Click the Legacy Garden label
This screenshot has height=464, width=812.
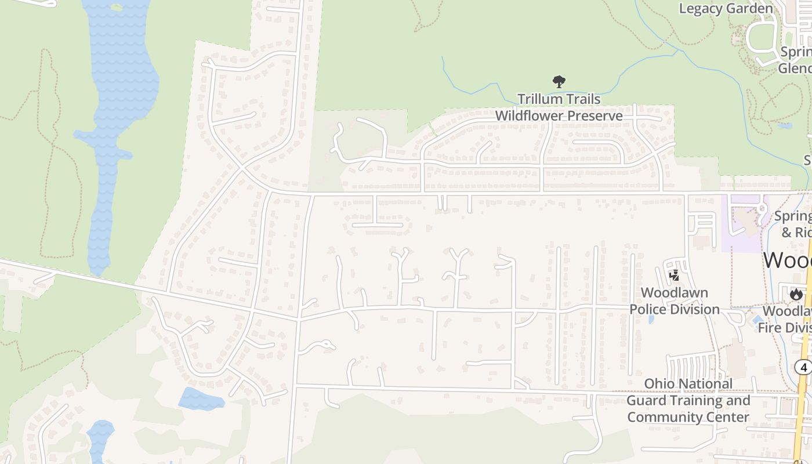pos(726,9)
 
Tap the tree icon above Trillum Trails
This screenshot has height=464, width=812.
pos(559,82)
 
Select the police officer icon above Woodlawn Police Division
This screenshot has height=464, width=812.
pos(674,276)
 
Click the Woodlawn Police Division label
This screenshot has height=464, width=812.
pos(675,301)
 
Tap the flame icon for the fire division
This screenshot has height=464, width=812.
pos(796,294)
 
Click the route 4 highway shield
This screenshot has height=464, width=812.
pos(803,367)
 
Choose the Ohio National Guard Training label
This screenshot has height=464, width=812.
pos(688,392)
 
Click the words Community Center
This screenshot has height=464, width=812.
pos(688,417)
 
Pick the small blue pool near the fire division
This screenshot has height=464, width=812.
pos(757,320)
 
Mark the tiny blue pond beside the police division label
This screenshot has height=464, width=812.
pos(651,318)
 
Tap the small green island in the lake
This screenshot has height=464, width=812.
pos(117,8)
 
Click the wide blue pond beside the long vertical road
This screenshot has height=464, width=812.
pos(201,399)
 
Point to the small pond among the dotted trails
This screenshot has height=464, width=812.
pos(784,125)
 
